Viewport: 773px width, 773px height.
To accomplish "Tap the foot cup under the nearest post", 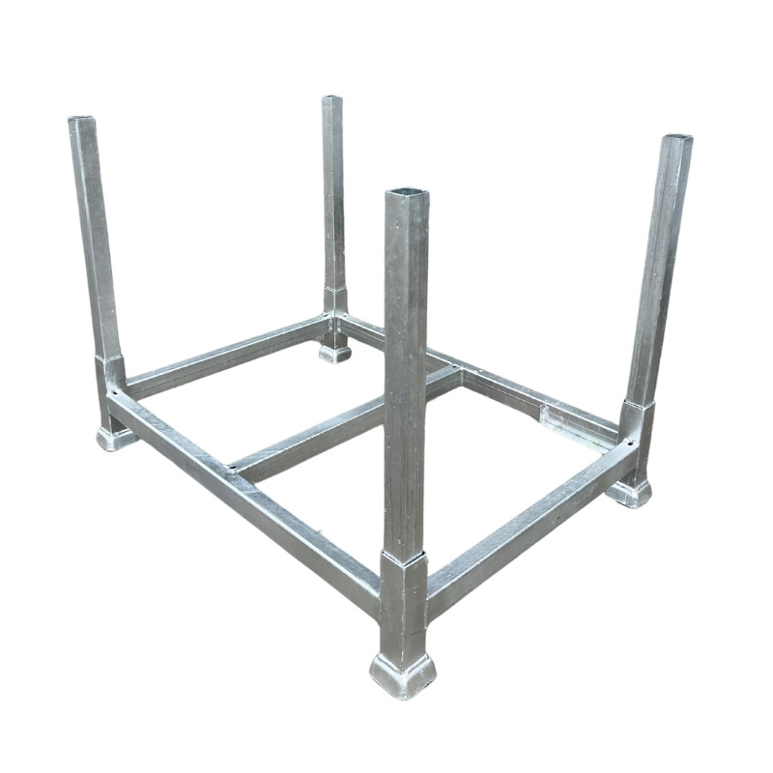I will (x=403, y=673).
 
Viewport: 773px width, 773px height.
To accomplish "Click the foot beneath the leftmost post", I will (x=115, y=437).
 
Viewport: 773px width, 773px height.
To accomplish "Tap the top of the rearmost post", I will (x=331, y=99).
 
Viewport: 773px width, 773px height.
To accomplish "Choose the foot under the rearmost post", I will (x=334, y=353).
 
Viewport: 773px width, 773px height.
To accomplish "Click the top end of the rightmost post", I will (x=676, y=140).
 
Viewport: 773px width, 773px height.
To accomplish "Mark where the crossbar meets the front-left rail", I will (x=235, y=471).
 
